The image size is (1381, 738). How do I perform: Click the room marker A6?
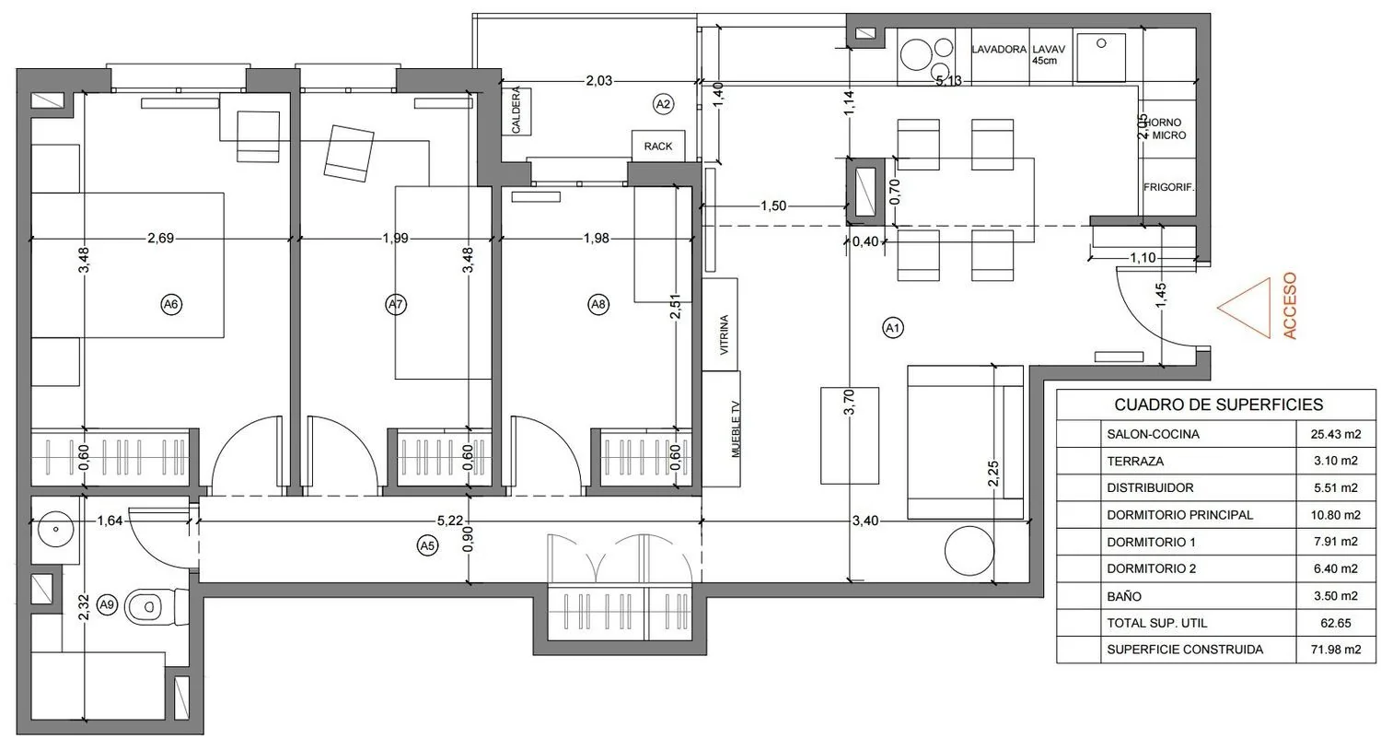[170, 304]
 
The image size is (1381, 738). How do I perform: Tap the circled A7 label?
[396, 304]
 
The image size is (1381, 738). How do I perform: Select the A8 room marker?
[598, 304]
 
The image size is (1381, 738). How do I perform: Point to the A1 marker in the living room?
[893, 328]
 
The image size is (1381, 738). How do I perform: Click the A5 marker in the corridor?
[427, 545]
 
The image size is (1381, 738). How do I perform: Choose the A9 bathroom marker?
[108, 604]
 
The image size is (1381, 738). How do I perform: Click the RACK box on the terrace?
[658, 146]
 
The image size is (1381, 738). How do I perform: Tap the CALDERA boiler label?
[516, 110]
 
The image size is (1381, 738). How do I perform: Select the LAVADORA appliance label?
[999, 50]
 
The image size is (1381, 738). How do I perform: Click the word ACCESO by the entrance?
[1290, 306]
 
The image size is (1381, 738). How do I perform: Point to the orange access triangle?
[1245, 308]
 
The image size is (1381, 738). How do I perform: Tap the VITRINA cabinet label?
[725, 334]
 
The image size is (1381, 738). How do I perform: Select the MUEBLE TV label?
[736, 428]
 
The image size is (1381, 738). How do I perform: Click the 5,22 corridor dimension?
[450, 521]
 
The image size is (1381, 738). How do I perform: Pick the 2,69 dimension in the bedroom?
[160, 238]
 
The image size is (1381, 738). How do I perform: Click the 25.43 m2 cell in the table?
[1335, 434]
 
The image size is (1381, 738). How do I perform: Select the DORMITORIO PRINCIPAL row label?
[1180, 515]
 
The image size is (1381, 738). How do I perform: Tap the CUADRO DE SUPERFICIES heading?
[1219, 404]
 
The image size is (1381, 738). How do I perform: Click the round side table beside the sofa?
[969, 551]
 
